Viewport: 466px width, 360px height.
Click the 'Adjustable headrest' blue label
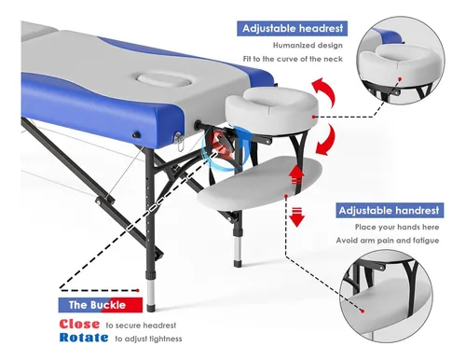pos(292,29)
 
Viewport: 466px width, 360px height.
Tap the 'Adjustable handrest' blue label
pos(390,211)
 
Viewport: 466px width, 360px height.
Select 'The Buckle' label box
pos(101,305)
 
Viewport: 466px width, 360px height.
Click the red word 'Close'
pos(79,325)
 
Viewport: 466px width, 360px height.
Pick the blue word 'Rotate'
pos(84,338)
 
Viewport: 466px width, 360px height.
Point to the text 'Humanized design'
pos(308,46)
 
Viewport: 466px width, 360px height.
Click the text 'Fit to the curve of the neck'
pos(293,59)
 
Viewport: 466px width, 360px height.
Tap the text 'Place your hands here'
pos(397,228)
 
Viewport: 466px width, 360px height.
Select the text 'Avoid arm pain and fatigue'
pos(388,241)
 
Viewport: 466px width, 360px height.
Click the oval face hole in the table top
pos(164,79)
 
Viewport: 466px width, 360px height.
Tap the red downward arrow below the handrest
pos(297,216)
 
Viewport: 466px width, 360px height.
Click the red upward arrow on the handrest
pos(297,174)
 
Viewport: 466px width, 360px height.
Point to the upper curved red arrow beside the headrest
pos(324,90)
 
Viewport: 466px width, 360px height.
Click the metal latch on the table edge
pos(179,141)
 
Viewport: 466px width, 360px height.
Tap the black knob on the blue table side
pos(136,135)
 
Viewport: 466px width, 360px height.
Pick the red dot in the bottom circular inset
pos(363,311)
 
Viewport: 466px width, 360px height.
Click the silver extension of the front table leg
pos(151,292)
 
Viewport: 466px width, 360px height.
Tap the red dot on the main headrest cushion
pos(314,117)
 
